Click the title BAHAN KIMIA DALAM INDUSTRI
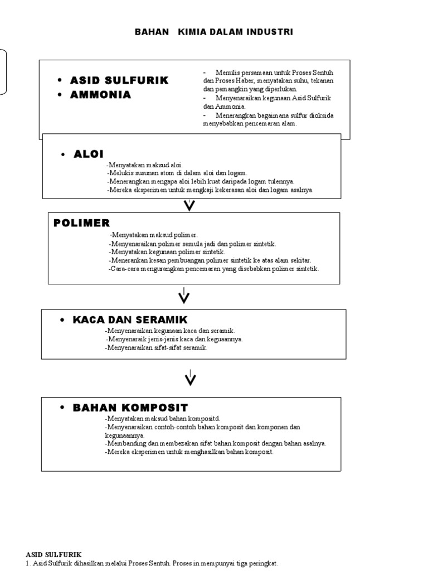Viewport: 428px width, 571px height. pos(214,32)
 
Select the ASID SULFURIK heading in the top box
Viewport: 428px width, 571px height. pos(119,81)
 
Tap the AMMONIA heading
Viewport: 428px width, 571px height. pos(100,95)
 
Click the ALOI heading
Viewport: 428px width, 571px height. pos(89,154)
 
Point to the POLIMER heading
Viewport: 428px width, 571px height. pos(81,223)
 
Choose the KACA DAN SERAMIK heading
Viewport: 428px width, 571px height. pos(130,320)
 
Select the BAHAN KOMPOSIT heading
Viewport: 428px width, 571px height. pos(130,408)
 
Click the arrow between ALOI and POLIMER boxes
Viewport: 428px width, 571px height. pos(190,205)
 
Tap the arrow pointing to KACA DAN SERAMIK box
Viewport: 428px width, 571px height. pos(184,296)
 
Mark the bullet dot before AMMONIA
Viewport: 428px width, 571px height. pos(59,95)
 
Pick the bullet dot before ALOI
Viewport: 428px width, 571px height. pos(63,154)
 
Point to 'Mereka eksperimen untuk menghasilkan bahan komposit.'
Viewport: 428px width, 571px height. pos(189,452)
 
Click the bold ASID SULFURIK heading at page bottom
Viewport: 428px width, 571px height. pos(53,555)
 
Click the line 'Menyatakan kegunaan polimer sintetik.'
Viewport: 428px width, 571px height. pos(167,252)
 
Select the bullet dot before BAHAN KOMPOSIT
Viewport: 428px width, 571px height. pos(62,408)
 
